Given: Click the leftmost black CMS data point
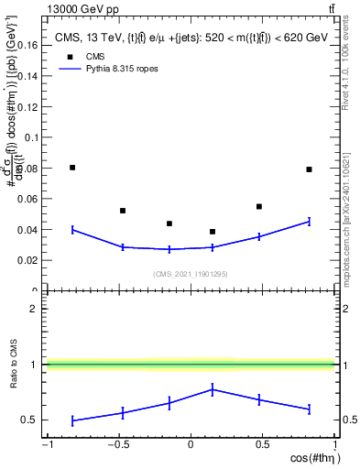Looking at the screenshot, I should (x=72, y=168).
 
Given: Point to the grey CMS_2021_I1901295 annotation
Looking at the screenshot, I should (x=191, y=273).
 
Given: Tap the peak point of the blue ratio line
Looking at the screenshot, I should (x=213, y=389).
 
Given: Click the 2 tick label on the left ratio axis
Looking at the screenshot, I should (x=32, y=309).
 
